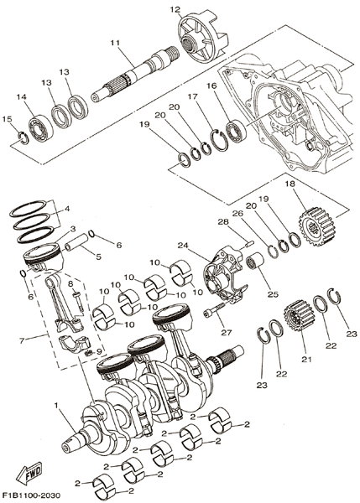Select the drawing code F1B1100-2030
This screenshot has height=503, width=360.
click(x=31, y=496)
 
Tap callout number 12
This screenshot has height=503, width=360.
click(x=175, y=10)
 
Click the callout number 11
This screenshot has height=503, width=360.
click(x=115, y=43)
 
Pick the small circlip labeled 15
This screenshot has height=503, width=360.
click(x=23, y=138)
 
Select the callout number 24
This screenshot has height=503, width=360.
click(x=184, y=246)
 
